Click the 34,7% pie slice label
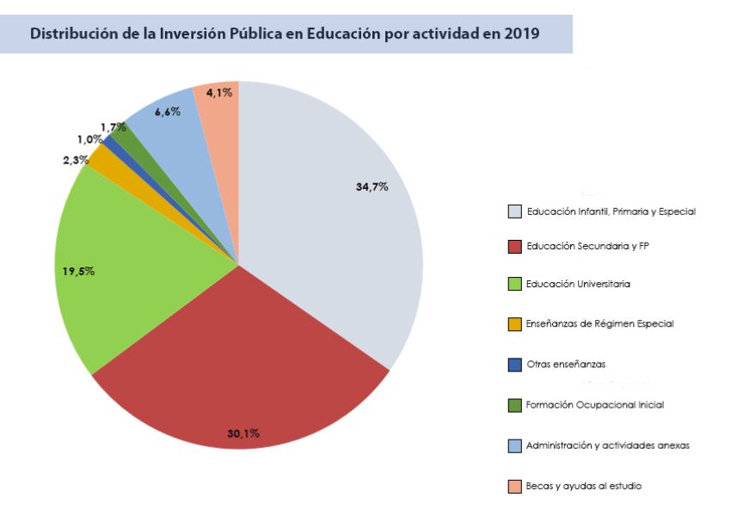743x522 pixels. pos(371,187)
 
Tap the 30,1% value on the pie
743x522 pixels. pos(243,433)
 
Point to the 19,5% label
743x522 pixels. pos(78,271)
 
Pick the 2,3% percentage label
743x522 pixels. pos(76,159)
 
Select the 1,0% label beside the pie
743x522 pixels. pos(89,140)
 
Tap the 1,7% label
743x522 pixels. pos(113,127)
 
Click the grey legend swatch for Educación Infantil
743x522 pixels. pos(514,212)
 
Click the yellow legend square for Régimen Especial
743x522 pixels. pos(514,324)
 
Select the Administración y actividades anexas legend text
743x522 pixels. pos(608,445)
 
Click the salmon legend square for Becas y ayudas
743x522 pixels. pos(514,487)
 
